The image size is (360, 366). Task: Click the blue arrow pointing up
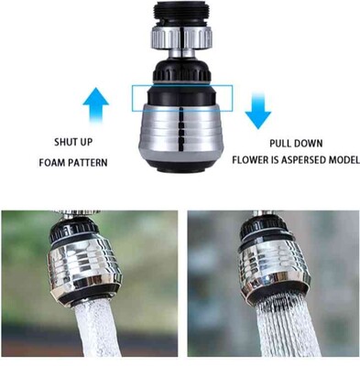[96, 105]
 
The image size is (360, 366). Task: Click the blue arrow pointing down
[257, 111]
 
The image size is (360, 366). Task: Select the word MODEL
[344, 160]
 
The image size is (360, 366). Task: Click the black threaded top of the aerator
[182, 14]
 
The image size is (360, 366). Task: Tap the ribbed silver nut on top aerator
[181, 38]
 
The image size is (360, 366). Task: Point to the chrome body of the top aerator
[181, 131]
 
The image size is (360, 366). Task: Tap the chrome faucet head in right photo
[272, 259]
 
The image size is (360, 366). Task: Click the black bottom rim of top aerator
[181, 166]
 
